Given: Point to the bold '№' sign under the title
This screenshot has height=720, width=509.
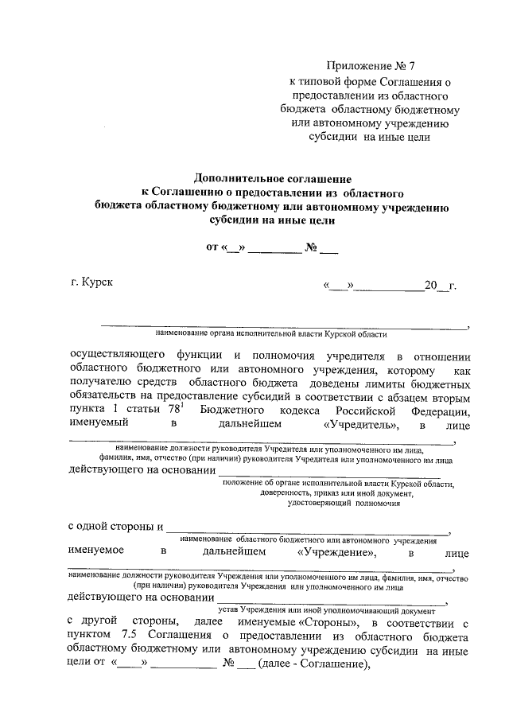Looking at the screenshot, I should point(312,247).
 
